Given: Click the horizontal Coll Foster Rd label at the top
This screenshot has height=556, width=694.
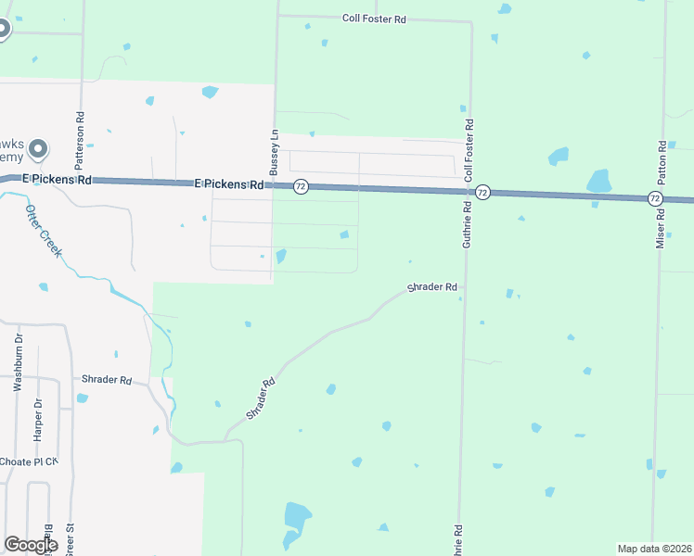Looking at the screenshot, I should pyautogui.click(x=374, y=18).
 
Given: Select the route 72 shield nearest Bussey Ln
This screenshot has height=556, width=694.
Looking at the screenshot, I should pyautogui.click(x=301, y=186).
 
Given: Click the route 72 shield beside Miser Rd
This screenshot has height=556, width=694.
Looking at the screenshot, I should pyautogui.click(x=655, y=198).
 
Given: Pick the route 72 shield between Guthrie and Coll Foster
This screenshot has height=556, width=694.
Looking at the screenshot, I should pyautogui.click(x=482, y=192).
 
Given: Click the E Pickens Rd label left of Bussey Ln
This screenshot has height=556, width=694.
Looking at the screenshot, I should pyautogui.click(x=229, y=184).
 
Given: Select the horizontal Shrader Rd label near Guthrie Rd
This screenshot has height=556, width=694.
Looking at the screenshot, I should pyautogui.click(x=432, y=287).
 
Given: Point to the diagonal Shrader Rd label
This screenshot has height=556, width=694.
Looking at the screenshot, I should pyautogui.click(x=263, y=398).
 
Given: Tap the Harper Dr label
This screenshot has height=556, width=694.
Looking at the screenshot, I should pyautogui.click(x=38, y=418).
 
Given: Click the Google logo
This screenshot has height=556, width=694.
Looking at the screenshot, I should pyautogui.click(x=31, y=545).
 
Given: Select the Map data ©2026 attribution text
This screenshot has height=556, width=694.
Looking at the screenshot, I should pyautogui.click(x=653, y=549).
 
